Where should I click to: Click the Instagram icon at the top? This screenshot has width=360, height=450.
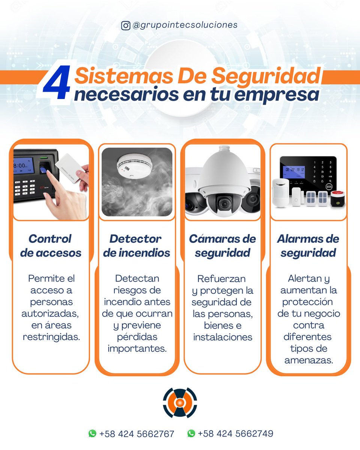click(x=126, y=25)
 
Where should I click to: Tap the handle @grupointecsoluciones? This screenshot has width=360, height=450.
click(x=185, y=25)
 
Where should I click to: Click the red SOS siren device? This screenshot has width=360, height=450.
click(x=337, y=198)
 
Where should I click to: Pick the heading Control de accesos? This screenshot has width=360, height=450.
click(x=51, y=246)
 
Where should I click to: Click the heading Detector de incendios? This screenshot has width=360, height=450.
click(x=136, y=246)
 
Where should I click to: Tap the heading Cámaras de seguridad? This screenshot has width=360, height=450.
click(x=222, y=246)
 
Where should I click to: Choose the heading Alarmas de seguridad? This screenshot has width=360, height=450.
click(x=308, y=246)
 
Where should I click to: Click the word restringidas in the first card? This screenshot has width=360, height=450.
click(x=51, y=337)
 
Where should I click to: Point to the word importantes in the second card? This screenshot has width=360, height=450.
click(x=137, y=348)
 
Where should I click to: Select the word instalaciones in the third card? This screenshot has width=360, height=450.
click(x=223, y=337)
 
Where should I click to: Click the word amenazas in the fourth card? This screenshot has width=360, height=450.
click(x=308, y=360)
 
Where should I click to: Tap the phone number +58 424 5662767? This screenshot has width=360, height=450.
click(x=136, y=434)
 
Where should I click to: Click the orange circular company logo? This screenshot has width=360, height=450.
click(x=180, y=403)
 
